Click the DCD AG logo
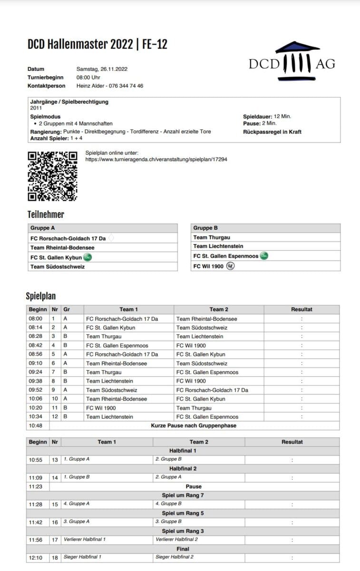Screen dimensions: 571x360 pos(292,60)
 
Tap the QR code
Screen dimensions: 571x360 pos(52,176)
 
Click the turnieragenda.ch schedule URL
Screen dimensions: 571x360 pos(156,159)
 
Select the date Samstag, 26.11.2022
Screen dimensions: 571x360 pos(102,69)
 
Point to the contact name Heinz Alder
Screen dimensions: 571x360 pos(91,86)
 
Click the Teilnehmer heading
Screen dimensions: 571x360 pos(46,215)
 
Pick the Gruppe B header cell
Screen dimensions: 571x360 pos(205,228)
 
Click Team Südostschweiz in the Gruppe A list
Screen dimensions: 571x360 pos(58,266)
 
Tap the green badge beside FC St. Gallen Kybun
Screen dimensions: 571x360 pos(88,257)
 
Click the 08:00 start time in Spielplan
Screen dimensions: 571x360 pos(35,319)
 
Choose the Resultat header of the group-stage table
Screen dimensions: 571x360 pos(302,309)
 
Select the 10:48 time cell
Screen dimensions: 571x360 pos(35,425)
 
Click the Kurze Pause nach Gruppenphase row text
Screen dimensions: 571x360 pos(194,425)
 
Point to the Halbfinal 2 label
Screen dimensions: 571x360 pos(183,468)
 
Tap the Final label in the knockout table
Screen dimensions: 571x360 pos(183,549)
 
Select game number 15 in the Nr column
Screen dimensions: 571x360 pos(55,504)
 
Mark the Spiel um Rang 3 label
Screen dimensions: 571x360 pos(183,531)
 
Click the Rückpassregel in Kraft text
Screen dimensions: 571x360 pos(272,132)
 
